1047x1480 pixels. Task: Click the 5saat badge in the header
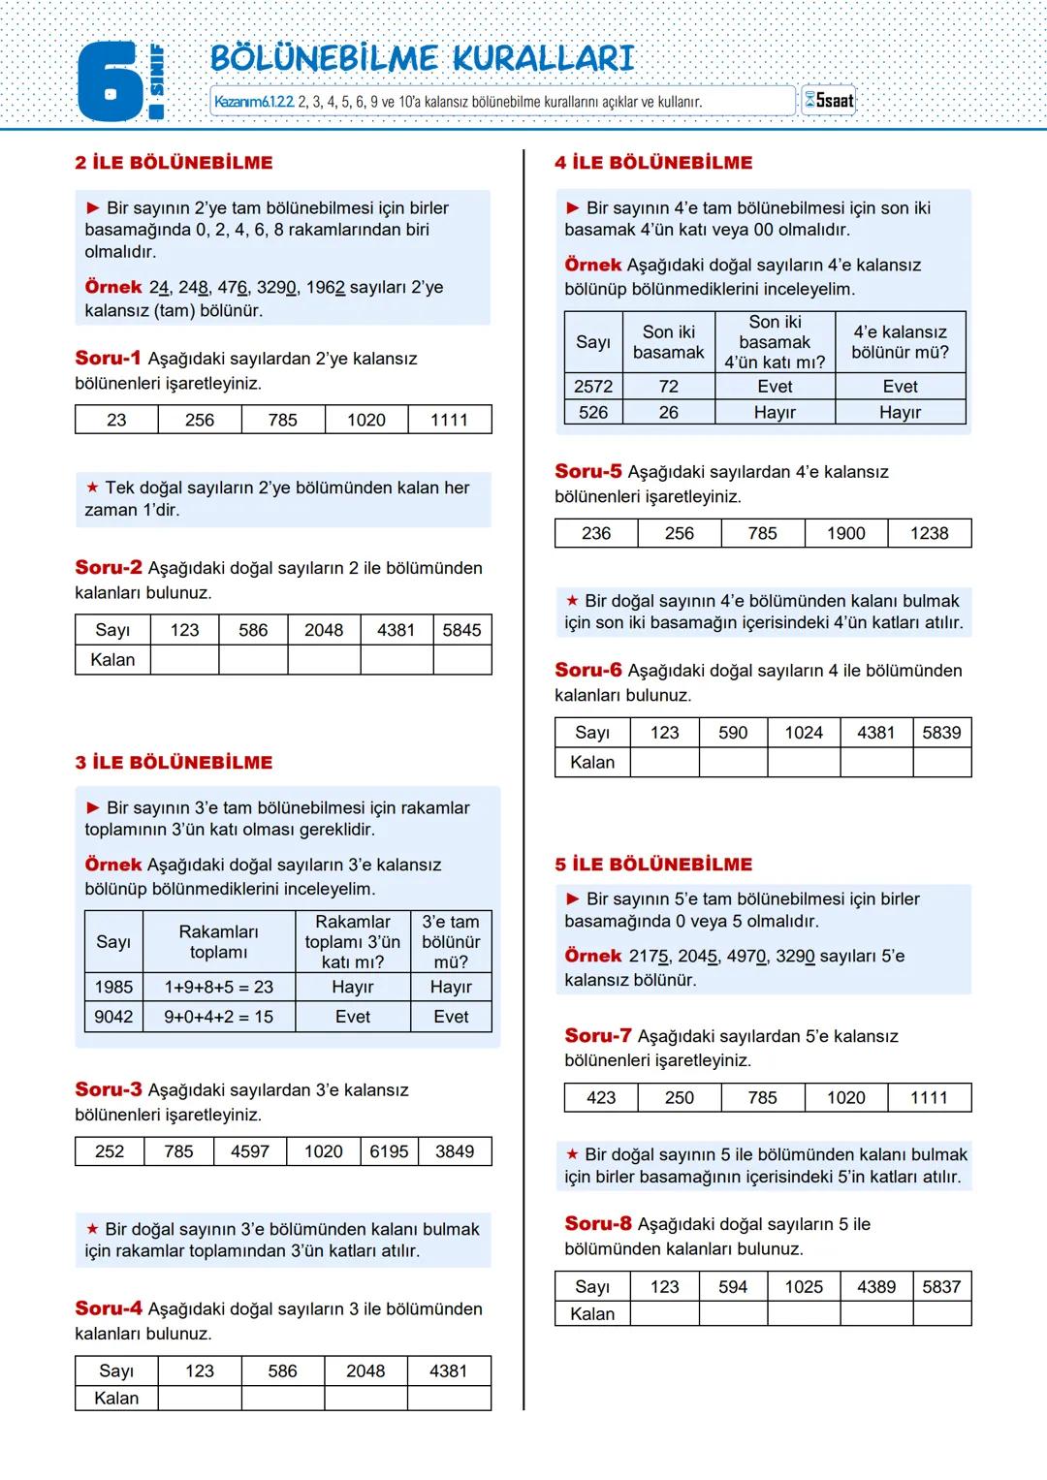pyautogui.click(x=829, y=101)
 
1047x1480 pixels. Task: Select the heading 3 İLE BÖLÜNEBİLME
pyautogui.click(x=174, y=763)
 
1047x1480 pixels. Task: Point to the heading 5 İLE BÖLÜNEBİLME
pyautogui.click(x=653, y=865)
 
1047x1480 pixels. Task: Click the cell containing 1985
pyautogui.click(x=113, y=987)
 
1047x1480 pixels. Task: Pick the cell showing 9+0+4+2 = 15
pyautogui.click(x=218, y=1017)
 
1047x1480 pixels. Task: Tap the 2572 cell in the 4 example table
pyautogui.click(x=593, y=387)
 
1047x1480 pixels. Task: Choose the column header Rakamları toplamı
pyautogui.click(x=218, y=942)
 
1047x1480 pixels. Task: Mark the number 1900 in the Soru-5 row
pyautogui.click(x=845, y=533)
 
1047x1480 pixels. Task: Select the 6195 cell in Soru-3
pyautogui.click(x=389, y=1151)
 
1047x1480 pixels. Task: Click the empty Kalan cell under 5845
pyautogui.click(x=461, y=660)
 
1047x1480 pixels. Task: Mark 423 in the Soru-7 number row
pyautogui.click(x=601, y=1097)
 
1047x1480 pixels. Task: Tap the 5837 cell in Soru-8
pyautogui.click(x=941, y=1286)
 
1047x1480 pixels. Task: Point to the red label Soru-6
pyautogui.click(x=588, y=670)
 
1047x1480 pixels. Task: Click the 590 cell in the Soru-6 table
pyautogui.click(x=733, y=733)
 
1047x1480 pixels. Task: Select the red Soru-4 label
pyautogui.click(x=109, y=1308)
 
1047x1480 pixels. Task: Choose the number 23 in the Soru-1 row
pyautogui.click(x=116, y=420)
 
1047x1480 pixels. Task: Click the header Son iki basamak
pyautogui.click(x=668, y=342)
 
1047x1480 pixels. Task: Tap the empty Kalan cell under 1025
pyautogui.click(x=804, y=1314)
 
